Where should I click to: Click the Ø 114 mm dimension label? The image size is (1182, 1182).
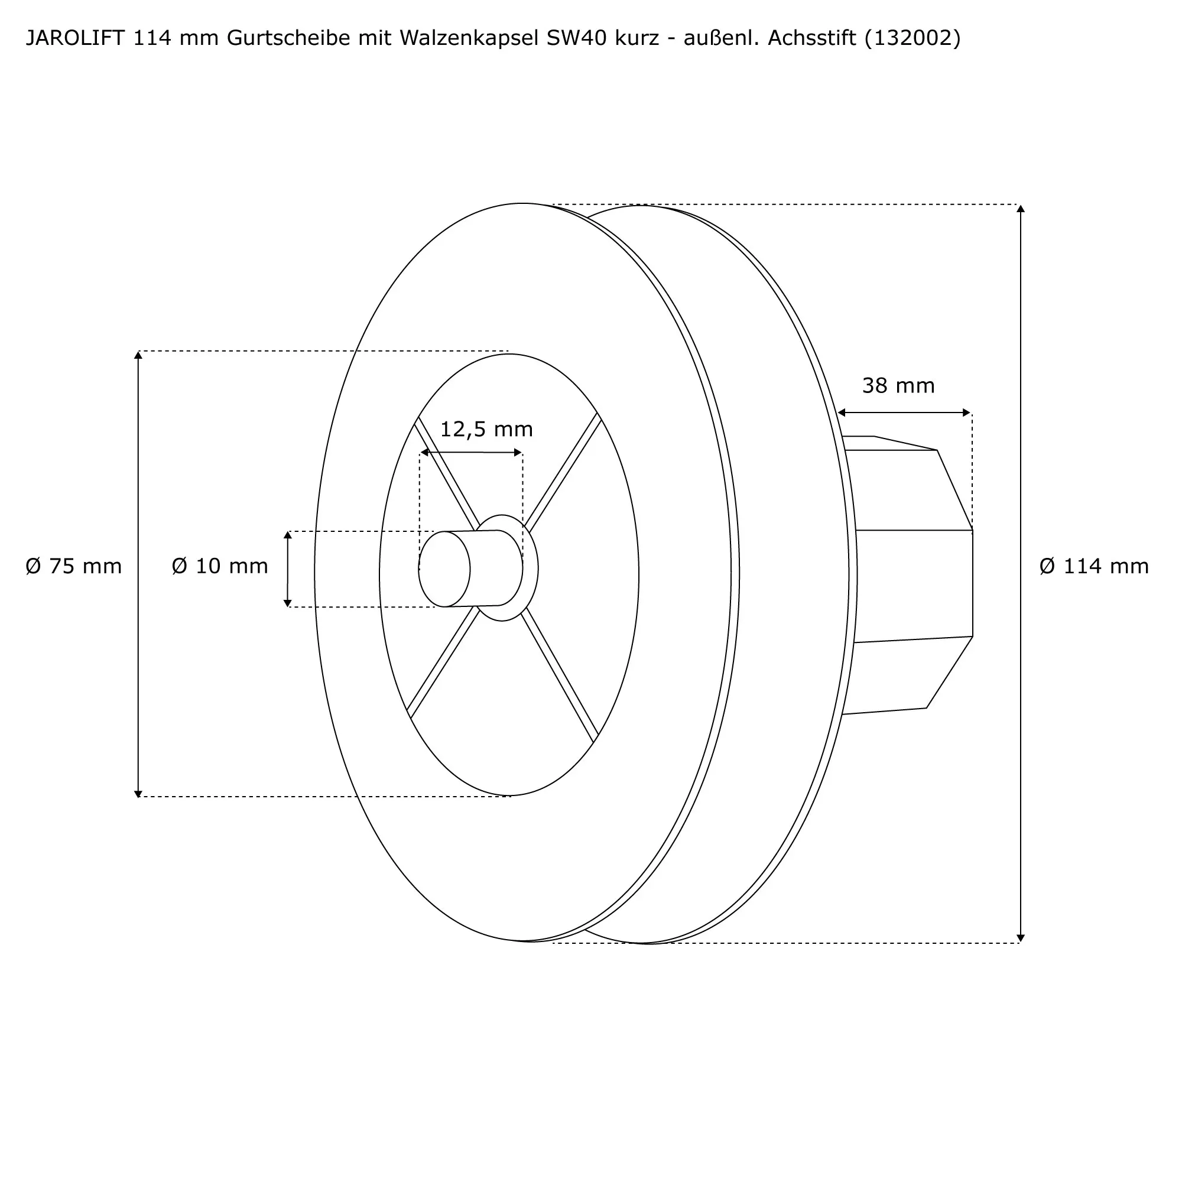(1094, 566)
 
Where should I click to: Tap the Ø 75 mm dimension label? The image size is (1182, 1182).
(73, 566)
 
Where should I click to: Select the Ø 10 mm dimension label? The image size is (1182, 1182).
(220, 566)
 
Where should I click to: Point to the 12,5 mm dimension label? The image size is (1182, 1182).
(486, 430)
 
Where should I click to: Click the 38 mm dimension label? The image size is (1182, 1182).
(898, 385)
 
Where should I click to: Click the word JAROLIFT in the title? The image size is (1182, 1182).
(75, 38)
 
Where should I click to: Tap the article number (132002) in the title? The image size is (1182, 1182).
(912, 38)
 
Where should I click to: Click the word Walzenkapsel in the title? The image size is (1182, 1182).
(469, 38)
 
